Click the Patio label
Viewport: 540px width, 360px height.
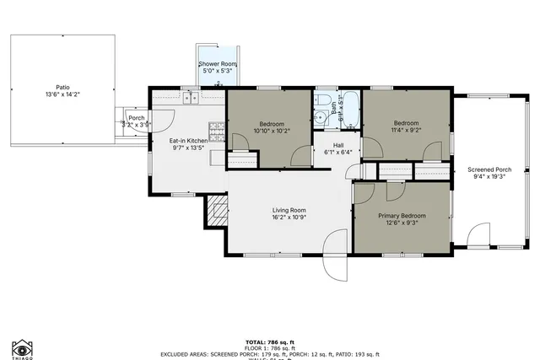pyautogui.click(x=62, y=86)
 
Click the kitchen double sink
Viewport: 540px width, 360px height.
pyautogui.click(x=189, y=98)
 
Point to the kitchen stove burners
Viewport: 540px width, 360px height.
pyautogui.click(x=217, y=131)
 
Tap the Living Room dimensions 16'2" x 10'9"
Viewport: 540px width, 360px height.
pyautogui.click(x=289, y=218)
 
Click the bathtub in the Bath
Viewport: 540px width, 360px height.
pyautogui.click(x=350, y=110)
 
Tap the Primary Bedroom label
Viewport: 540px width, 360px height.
pyautogui.click(x=402, y=216)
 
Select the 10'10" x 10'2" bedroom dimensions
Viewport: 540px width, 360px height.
pyautogui.click(x=271, y=131)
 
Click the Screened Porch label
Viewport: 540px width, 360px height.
pyautogui.click(x=489, y=170)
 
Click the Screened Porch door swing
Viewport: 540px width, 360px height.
pyautogui.click(x=478, y=234)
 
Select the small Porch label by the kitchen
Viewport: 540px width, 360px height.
pyautogui.click(x=136, y=118)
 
